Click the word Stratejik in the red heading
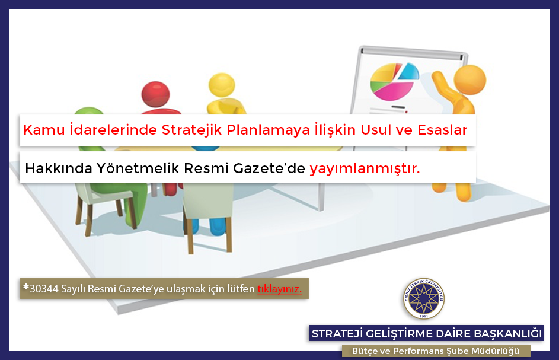click(x=192, y=130)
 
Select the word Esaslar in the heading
click(x=442, y=130)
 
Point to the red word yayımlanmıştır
click(x=365, y=168)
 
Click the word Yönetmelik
click(x=138, y=168)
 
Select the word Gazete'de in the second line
click(x=269, y=168)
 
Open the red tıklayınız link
click(x=280, y=289)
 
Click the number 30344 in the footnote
click(x=44, y=289)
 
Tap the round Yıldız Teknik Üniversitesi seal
click(x=424, y=299)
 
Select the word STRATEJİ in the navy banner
click(x=337, y=333)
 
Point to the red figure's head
click(x=155, y=94)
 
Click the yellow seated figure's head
click(x=222, y=85)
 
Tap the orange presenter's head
click(x=470, y=79)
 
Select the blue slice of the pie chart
click(x=409, y=71)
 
